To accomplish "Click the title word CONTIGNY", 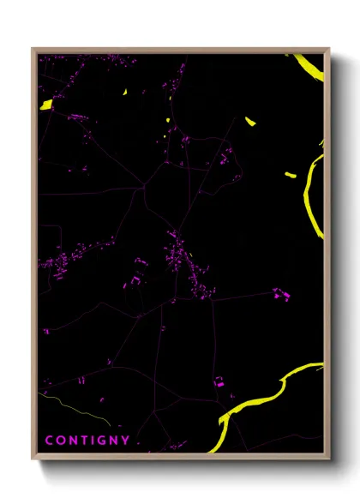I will (87, 441).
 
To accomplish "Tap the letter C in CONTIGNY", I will (49, 441).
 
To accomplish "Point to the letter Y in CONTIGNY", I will (126, 441).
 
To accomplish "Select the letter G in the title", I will (102, 441).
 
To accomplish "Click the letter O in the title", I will (60, 441).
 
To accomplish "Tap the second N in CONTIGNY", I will (114, 441).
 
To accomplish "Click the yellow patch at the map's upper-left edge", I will (46, 105).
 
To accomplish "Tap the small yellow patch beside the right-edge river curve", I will (290, 176).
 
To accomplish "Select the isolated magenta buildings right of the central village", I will (280, 294).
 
